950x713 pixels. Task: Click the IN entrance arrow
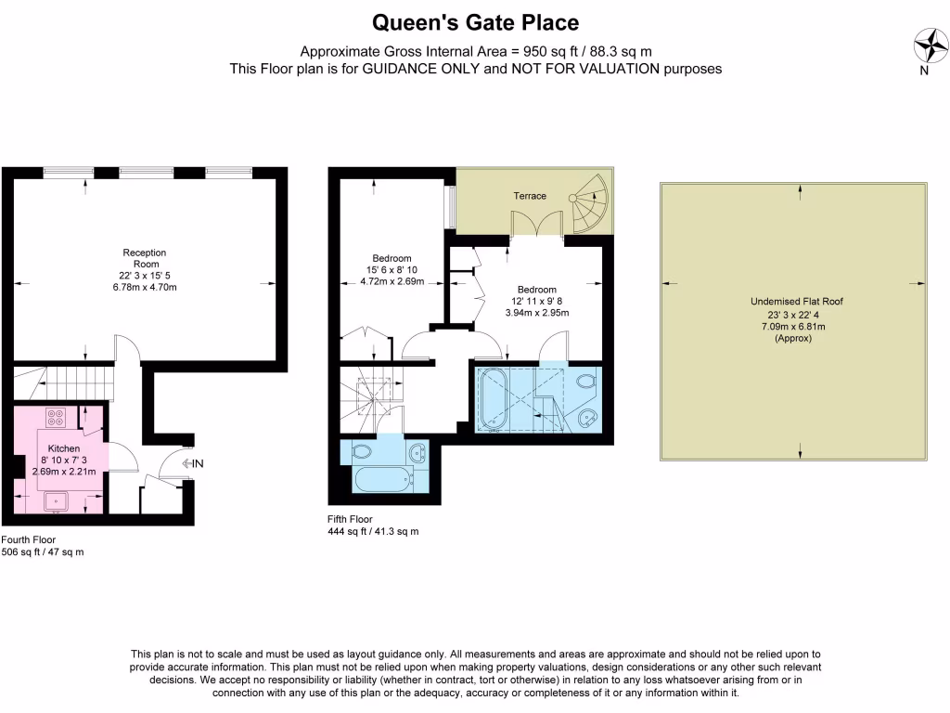pos(194,462)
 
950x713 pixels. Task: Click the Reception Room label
pos(144,258)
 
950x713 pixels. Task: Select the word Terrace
pos(531,196)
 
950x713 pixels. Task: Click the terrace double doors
pos(537,225)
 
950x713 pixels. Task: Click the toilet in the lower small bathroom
pos(362,451)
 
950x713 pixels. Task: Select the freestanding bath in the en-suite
pos(493,400)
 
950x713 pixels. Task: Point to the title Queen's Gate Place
pos(475,21)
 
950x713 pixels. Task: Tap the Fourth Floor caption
pos(29,539)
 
